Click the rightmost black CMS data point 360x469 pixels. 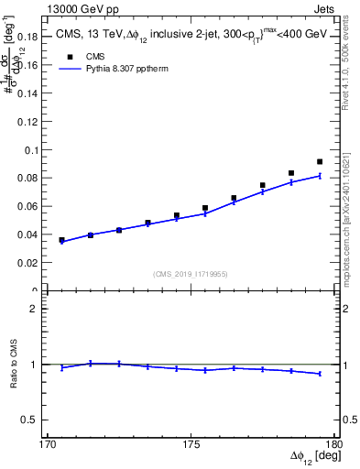coord(320,162)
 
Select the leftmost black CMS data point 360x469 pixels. coord(62,240)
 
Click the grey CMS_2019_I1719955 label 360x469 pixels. coord(191,273)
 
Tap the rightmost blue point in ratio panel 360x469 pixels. coord(320,374)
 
